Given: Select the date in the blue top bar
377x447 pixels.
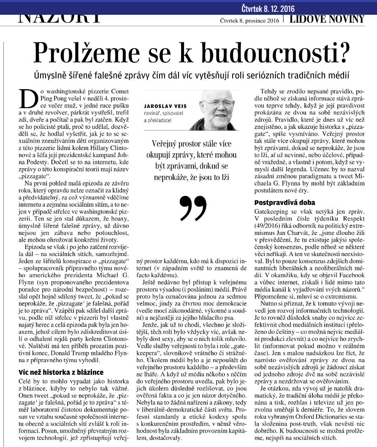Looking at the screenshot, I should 268,8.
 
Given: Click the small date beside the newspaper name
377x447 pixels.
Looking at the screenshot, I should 250,20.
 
